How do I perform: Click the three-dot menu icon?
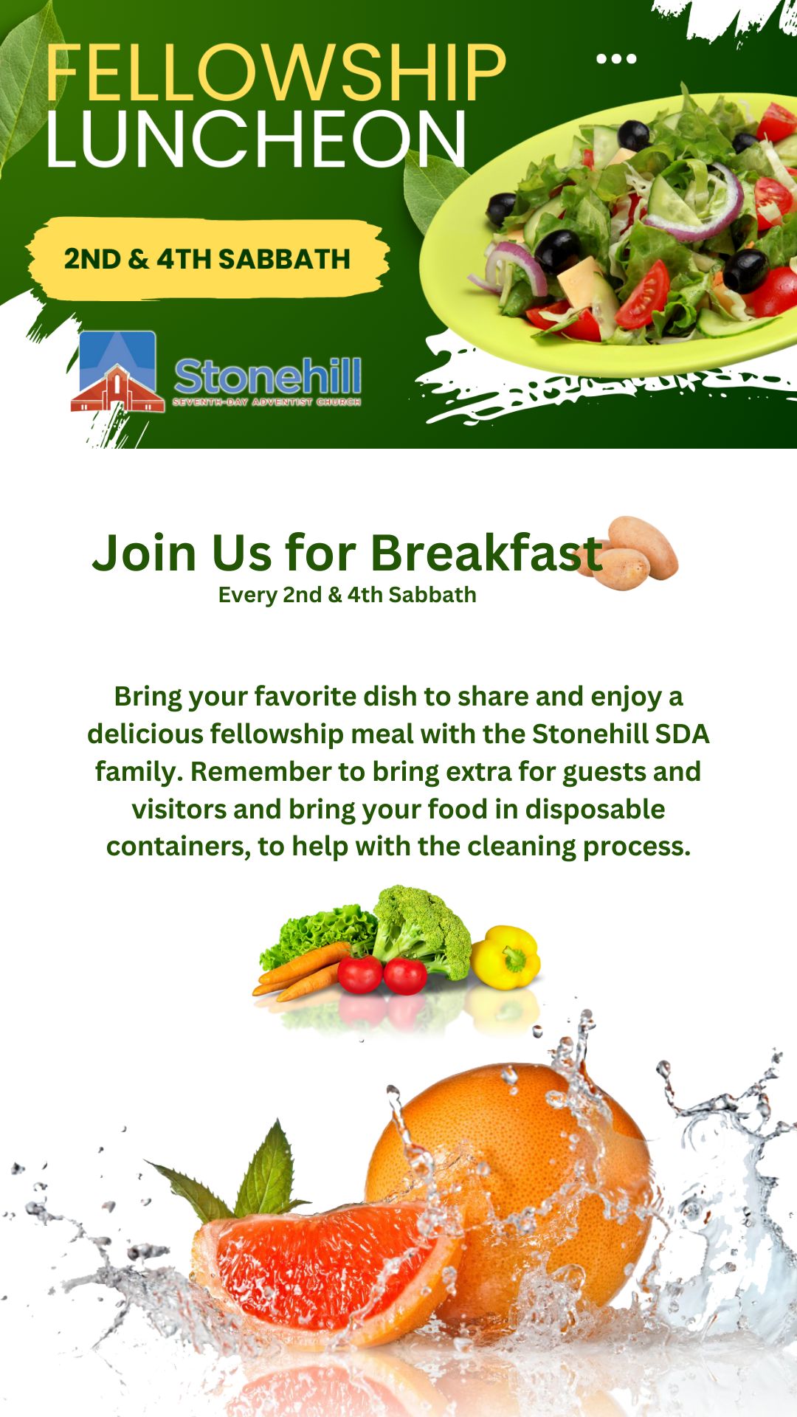(616, 58)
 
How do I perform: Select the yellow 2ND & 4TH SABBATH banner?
(207, 258)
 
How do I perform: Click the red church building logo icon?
(117, 372)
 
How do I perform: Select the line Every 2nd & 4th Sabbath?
(348, 595)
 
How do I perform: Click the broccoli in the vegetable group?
(421, 930)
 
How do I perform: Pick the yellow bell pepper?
(506, 957)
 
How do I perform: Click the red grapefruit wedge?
(325, 1270)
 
